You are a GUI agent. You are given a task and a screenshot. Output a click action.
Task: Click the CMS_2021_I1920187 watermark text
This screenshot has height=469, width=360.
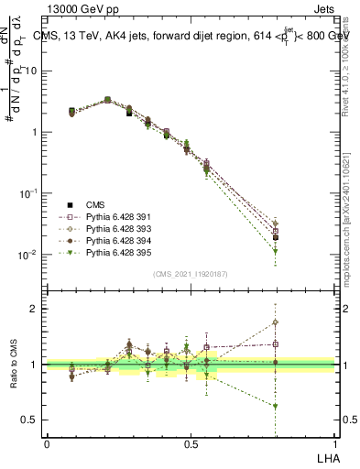190,274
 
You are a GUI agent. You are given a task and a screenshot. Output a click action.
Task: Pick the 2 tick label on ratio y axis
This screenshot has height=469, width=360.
35,309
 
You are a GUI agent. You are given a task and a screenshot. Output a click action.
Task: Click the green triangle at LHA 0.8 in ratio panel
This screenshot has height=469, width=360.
276,406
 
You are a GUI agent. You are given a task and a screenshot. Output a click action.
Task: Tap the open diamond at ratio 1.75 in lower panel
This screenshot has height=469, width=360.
276,322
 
